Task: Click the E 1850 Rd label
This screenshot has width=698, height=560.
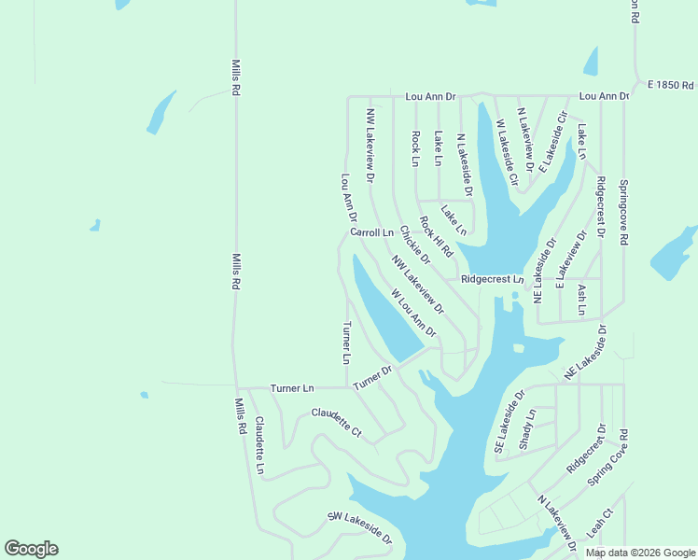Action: coord(671,85)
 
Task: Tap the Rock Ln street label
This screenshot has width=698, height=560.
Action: coord(416,147)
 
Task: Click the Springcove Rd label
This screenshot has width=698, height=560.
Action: coord(624,213)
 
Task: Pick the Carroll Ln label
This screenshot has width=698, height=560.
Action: coord(372,231)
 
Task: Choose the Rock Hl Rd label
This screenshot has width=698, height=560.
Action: coord(436,237)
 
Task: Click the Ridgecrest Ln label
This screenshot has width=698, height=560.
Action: coord(493,279)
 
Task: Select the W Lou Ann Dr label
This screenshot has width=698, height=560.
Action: coord(414,313)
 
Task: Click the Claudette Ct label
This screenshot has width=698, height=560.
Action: coord(336,422)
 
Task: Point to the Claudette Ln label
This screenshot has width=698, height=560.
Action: coord(260,445)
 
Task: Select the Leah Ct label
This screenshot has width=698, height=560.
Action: coord(598,523)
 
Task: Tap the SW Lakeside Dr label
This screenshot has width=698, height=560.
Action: coord(360,528)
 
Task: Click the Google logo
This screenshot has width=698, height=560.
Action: coord(31,549)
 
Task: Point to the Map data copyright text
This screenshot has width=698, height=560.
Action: coord(640,553)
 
